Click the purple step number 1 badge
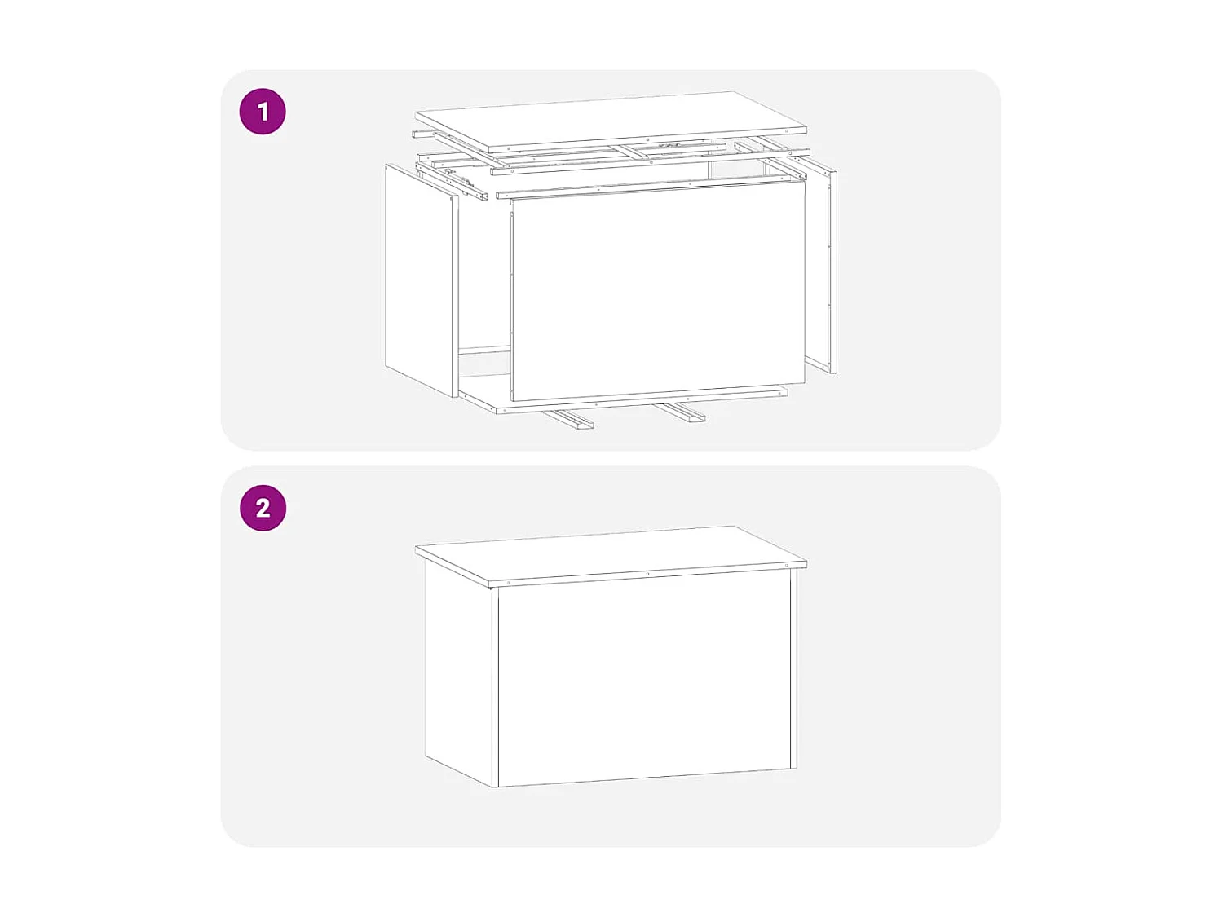tap(263, 112)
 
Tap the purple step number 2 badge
tap(263, 508)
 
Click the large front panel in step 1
tap(657, 291)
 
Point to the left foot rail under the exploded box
tap(568, 419)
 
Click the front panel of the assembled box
tap(644, 681)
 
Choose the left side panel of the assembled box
tap(458, 672)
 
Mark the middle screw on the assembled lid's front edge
tap(648, 574)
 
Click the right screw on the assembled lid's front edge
tap(788, 565)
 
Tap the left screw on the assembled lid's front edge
tap(510, 583)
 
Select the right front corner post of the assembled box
tap(793, 668)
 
